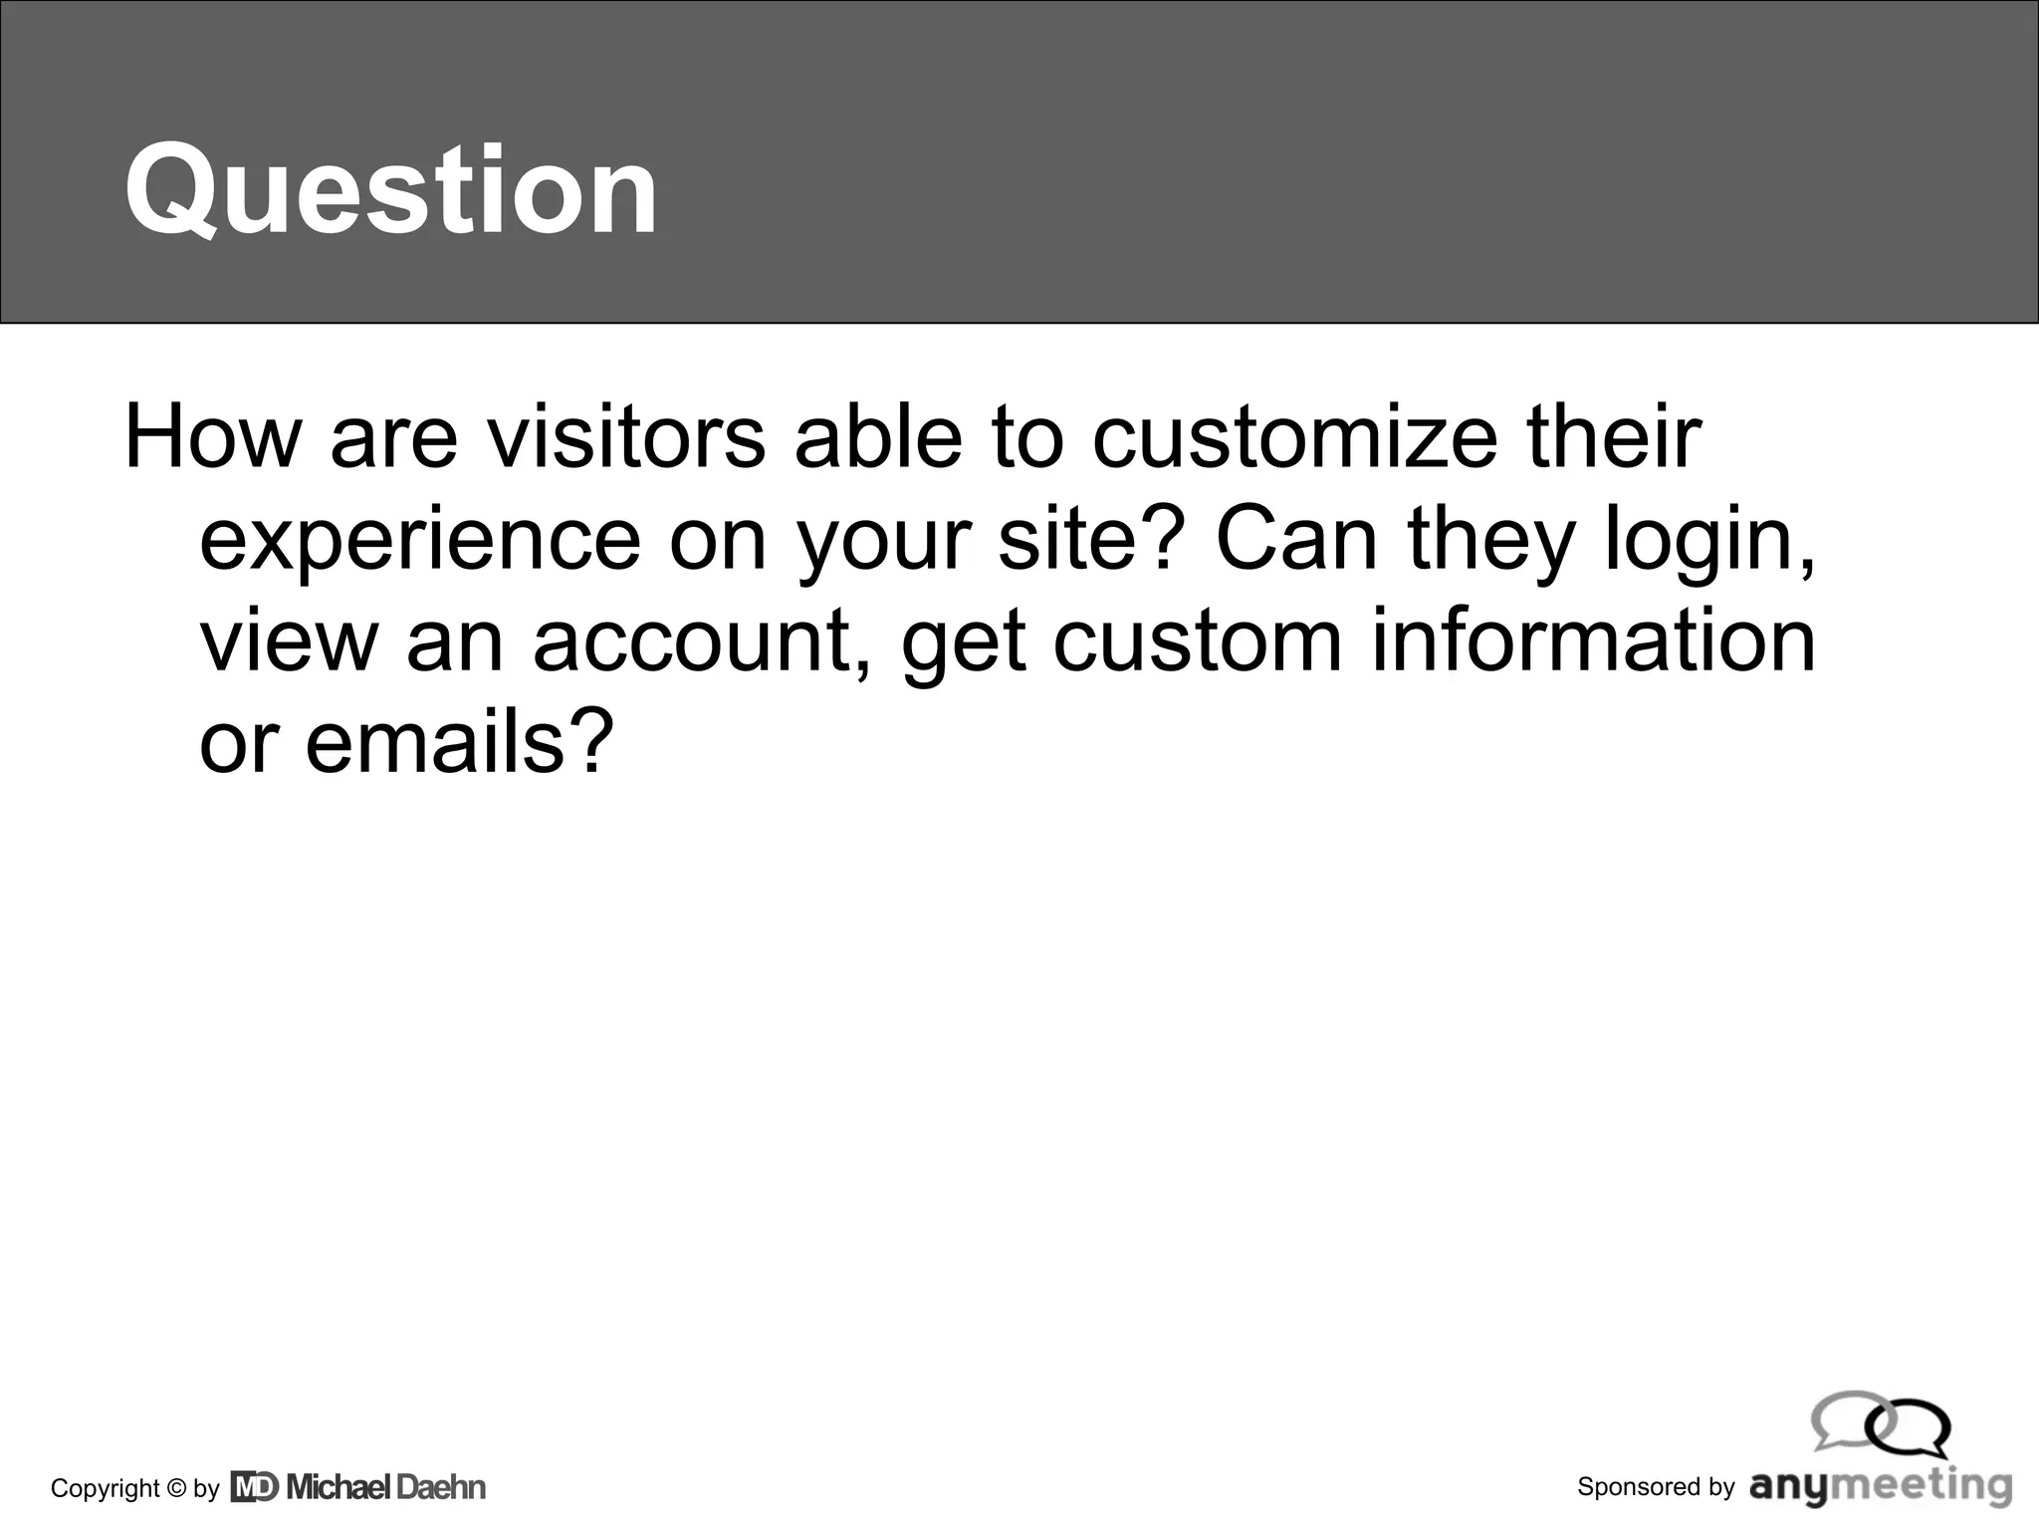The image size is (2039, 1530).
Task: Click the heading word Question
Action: [x=390, y=189]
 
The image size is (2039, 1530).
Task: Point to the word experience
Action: [x=420, y=540]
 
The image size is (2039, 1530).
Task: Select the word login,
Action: [x=1710, y=540]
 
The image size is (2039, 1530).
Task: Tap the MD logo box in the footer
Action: [x=254, y=1487]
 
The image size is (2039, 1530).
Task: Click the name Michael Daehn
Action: [x=386, y=1487]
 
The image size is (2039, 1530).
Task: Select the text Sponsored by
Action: [x=1656, y=1487]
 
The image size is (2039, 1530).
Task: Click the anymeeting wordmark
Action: [x=1881, y=1487]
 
